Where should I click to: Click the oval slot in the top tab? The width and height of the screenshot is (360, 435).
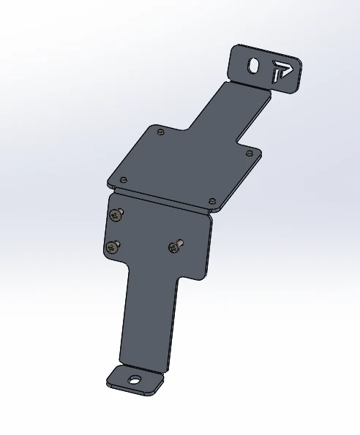click(254, 65)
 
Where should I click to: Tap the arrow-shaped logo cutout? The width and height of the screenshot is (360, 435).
click(281, 71)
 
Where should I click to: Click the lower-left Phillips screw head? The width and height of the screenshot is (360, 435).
click(112, 247)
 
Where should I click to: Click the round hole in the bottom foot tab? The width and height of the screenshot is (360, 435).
click(134, 379)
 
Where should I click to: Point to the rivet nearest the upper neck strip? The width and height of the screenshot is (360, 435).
click(160, 132)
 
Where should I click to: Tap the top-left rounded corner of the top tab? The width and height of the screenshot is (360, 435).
click(236, 50)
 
